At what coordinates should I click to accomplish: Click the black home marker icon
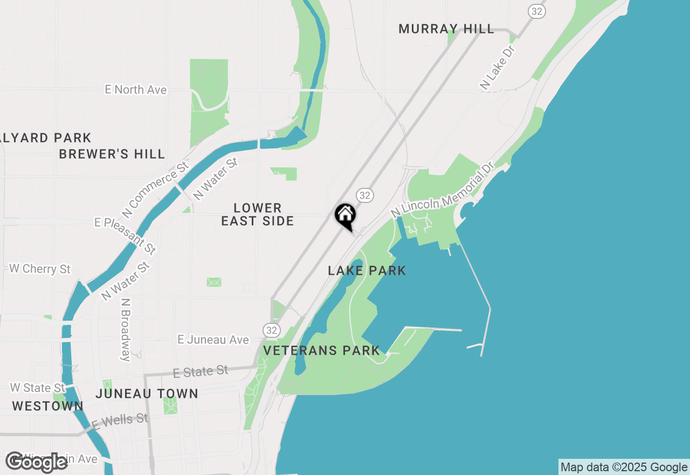coord(346,215)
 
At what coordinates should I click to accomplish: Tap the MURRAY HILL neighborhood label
coord(446,29)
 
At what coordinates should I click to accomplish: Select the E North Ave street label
coord(136,90)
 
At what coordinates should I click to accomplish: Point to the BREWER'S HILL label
coord(112,154)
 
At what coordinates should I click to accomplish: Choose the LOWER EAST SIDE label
coord(258,214)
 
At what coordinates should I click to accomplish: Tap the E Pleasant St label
coord(126,236)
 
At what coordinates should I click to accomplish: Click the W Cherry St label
coord(40,269)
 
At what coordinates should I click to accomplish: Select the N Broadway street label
coord(126,330)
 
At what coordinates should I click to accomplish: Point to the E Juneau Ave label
coord(213,340)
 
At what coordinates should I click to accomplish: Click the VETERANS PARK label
coord(322,351)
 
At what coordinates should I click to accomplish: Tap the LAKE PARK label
coord(367,271)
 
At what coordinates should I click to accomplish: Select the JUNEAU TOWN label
coord(147,394)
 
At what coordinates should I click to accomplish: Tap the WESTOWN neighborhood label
coord(47,406)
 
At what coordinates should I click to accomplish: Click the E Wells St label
coord(120,422)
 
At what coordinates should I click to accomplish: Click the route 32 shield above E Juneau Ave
coord(272,330)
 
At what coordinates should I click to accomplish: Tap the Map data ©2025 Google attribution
coord(624,467)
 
